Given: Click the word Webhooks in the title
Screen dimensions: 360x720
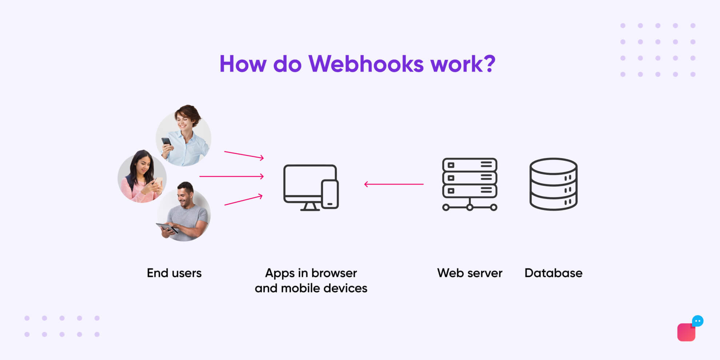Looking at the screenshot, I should click(366, 64).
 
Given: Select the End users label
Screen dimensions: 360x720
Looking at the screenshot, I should click(174, 273).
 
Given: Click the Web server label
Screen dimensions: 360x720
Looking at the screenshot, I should click(469, 273).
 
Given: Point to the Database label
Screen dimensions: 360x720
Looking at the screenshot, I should click(553, 273).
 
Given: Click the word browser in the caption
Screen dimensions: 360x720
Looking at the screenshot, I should click(334, 273).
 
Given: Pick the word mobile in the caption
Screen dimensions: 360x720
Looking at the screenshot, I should click(300, 288).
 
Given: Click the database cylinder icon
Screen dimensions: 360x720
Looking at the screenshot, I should click(553, 184).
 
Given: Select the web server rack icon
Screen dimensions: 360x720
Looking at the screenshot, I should click(469, 184).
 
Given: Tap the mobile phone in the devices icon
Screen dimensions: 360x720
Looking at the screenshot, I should click(330, 194).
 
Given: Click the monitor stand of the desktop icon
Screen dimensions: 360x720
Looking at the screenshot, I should click(310, 207).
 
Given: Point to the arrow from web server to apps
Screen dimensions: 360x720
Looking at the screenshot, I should click(394, 184).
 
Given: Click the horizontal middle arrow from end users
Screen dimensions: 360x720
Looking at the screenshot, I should click(232, 176).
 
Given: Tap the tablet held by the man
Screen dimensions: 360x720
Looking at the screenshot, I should click(167, 228).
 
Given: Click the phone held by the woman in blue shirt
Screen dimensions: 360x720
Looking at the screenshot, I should click(166, 141).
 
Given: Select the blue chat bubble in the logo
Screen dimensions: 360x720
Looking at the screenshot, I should click(697, 321).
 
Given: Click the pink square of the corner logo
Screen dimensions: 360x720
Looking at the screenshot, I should click(686, 332).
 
